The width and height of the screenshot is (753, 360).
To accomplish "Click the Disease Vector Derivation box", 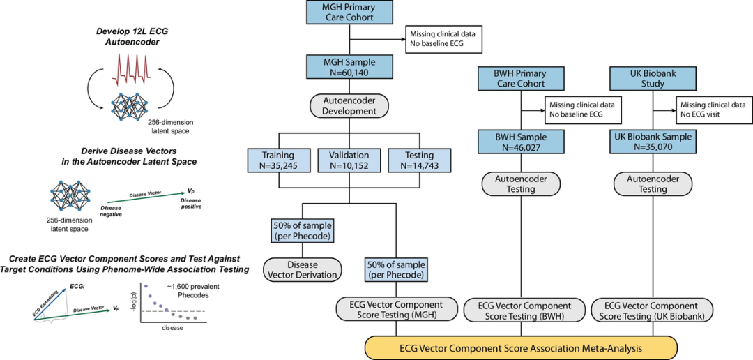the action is (302, 269).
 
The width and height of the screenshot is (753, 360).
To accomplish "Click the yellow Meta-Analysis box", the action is (521, 347).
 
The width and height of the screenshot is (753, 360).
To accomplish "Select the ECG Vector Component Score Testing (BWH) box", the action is (521, 311).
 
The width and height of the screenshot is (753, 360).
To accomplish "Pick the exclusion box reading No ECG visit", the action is (711, 110).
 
